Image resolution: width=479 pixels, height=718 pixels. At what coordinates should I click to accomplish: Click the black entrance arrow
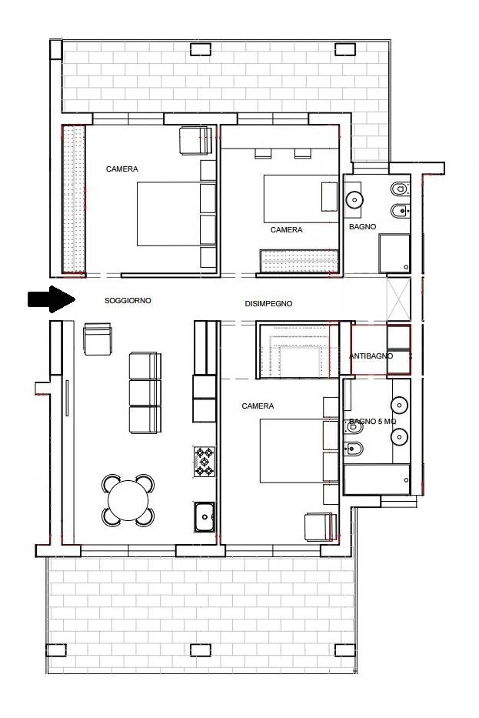(x=52, y=299)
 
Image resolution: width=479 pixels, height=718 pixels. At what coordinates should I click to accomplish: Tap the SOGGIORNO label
(x=128, y=301)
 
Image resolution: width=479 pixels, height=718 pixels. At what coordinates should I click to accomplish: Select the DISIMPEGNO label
(x=268, y=304)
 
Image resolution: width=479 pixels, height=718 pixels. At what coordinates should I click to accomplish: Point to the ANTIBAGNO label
(x=371, y=356)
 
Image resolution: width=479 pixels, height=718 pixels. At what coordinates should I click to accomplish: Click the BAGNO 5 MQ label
(x=372, y=421)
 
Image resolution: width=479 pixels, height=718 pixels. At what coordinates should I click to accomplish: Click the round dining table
(x=128, y=500)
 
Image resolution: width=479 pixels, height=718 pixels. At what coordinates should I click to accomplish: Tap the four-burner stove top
(x=204, y=462)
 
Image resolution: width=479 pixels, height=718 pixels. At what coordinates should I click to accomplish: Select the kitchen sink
(x=204, y=517)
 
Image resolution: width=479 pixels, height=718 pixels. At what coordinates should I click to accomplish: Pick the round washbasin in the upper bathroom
(x=354, y=199)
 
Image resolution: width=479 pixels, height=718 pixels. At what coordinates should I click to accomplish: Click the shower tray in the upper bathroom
(x=394, y=254)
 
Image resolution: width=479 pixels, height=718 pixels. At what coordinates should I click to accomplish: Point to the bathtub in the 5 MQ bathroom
(x=377, y=479)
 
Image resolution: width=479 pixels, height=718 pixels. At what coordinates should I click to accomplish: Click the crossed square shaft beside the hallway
(x=399, y=299)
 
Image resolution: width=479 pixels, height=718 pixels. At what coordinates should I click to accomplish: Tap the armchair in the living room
(x=98, y=339)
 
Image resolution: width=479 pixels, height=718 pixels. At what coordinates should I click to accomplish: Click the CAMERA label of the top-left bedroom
(x=121, y=169)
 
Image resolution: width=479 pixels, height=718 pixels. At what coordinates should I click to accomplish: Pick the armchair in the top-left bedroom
(x=196, y=141)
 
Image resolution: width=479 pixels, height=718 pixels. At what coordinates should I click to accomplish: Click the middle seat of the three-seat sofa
(x=145, y=392)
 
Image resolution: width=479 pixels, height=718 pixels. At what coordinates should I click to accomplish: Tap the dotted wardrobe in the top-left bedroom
(x=74, y=200)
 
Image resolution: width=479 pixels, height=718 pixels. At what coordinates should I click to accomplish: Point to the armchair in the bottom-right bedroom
(x=321, y=526)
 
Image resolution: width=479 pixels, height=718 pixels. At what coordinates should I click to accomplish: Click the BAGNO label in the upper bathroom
(x=362, y=227)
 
